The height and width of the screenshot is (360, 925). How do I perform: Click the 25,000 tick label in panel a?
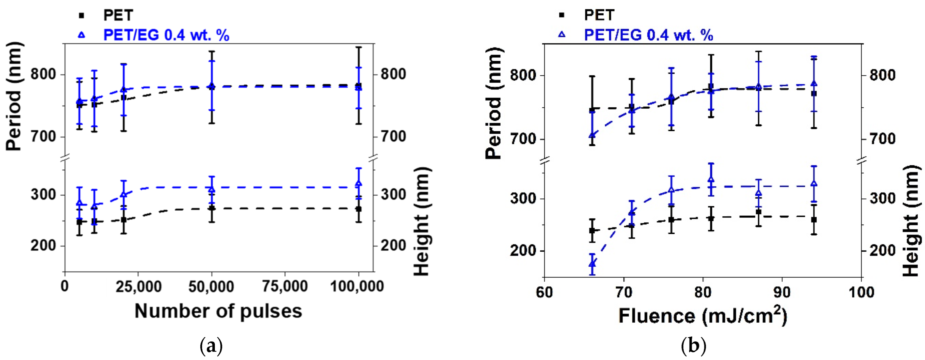point(138,286)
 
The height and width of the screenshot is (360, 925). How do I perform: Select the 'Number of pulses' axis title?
point(218,311)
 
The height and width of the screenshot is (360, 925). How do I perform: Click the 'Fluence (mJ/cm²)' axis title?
point(703,316)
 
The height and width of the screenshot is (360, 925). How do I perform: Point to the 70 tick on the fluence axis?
point(624,292)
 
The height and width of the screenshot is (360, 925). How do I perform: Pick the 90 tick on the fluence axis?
point(782,292)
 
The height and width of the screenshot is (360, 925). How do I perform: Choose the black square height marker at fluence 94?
point(814,219)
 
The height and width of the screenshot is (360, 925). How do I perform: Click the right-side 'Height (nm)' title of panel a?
point(422,221)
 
